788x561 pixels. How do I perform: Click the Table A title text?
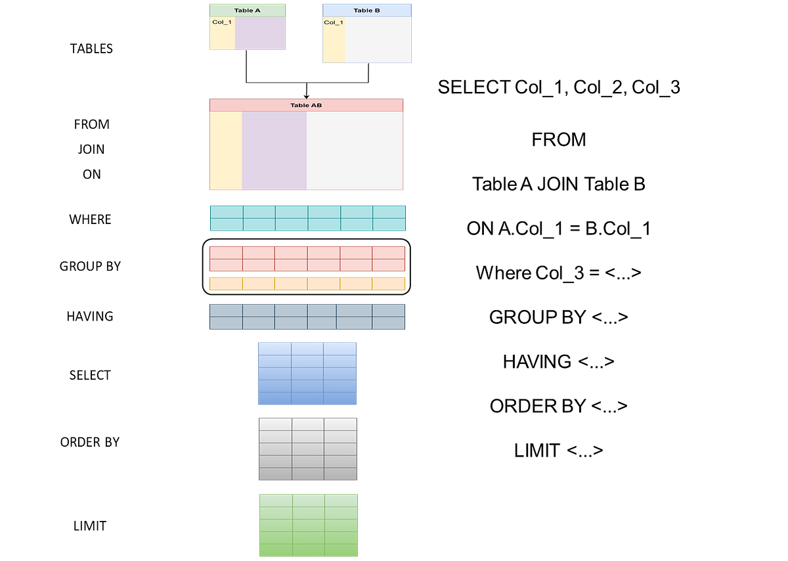click(247, 11)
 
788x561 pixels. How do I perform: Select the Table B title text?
click(366, 11)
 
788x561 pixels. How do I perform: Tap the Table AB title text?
click(306, 105)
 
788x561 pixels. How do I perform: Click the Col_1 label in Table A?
click(222, 22)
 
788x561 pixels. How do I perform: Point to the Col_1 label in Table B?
click(334, 22)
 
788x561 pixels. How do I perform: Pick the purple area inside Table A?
click(260, 34)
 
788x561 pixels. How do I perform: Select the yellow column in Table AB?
click(225, 151)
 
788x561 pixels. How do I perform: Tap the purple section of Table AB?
click(274, 151)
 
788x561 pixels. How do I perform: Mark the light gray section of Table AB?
click(355, 151)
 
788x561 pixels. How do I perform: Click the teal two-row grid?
click(307, 218)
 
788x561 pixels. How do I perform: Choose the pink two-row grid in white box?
click(307, 259)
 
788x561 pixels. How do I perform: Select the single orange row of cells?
click(307, 284)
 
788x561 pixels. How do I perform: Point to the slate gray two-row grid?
click(307, 317)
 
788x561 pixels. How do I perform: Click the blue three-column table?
click(307, 374)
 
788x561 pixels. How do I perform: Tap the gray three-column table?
click(308, 449)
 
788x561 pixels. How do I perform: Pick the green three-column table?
click(309, 526)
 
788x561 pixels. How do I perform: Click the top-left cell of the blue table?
click(274, 349)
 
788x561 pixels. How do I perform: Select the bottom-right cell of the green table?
click(341, 550)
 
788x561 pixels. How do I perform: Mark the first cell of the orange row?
click(226, 284)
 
